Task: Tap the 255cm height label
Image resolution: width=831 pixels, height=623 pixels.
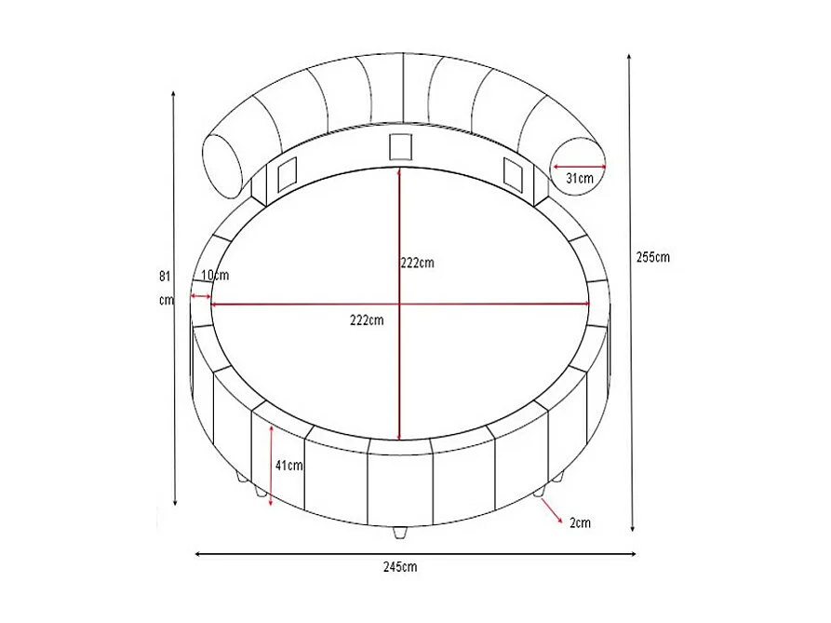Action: click(x=653, y=257)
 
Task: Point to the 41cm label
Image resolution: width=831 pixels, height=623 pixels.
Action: click(x=289, y=466)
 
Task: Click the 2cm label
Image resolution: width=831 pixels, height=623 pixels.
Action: click(x=580, y=522)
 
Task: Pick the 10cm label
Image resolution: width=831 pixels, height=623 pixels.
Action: click(x=214, y=275)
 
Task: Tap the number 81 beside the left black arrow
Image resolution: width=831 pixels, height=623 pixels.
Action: click(x=165, y=276)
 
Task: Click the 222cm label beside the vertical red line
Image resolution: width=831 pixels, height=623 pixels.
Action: click(x=418, y=263)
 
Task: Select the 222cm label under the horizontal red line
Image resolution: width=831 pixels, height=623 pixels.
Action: click(x=367, y=320)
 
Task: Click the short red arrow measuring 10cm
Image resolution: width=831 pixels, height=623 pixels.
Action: click(x=200, y=296)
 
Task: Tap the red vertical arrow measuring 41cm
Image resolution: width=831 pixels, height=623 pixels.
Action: click(x=270, y=465)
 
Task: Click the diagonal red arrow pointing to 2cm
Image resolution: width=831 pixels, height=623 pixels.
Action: click(x=552, y=509)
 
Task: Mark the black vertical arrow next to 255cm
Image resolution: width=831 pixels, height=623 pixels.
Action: click(x=633, y=292)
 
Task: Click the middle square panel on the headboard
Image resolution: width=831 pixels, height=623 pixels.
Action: click(x=400, y=147)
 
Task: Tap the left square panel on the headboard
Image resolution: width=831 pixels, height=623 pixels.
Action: click(x=286, y=171)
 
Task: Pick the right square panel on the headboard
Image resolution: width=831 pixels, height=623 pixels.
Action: click(x=513, y=171)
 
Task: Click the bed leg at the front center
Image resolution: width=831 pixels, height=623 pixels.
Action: click(x=399, y=534)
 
